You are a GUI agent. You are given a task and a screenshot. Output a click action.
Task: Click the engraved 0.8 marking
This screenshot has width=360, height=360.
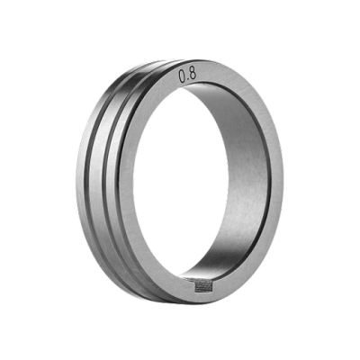click(x=187, y=75)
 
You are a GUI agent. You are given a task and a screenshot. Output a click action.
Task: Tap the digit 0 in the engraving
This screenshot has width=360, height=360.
click(x=183, y=76)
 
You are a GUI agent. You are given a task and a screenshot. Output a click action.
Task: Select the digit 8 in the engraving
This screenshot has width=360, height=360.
click(x=193, y=74)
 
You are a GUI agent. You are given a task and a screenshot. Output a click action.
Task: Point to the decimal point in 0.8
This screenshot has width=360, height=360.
click(x=188, y=80)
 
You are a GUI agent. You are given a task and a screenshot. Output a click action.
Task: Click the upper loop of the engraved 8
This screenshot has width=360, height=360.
click(x=193, y=71)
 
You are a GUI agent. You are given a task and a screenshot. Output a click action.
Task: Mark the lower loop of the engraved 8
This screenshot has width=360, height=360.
click(x=193, y=76)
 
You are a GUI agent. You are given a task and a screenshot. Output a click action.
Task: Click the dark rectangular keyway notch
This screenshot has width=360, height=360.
click(x=205, y=286)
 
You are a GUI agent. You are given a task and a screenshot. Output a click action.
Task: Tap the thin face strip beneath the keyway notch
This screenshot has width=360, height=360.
click(x=205, y=295)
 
